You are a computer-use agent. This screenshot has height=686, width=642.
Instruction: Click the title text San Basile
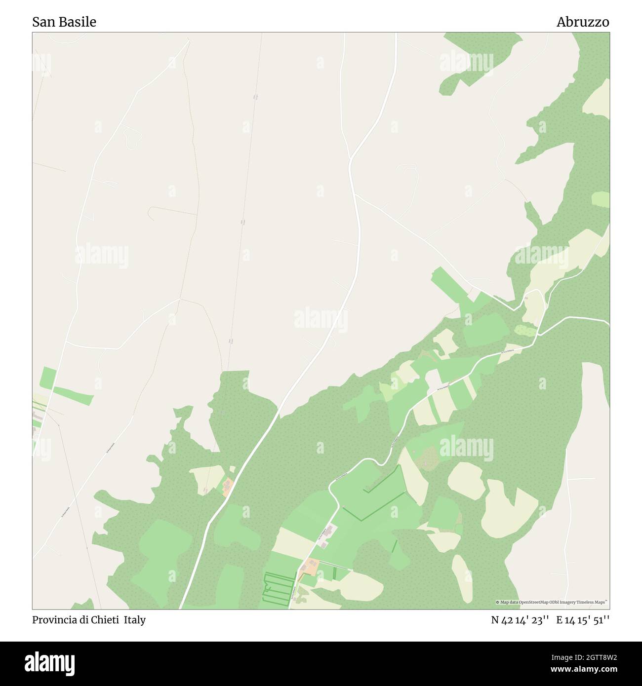point(64,22)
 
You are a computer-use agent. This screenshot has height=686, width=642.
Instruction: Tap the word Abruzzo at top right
point(583,22)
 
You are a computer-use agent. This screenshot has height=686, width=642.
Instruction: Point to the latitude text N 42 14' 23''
point(520,620)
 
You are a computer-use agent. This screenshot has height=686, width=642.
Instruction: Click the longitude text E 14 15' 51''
point(583,620)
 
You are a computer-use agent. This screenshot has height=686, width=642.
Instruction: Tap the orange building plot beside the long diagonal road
point(228,487)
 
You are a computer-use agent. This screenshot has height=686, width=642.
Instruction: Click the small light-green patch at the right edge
point(601,199)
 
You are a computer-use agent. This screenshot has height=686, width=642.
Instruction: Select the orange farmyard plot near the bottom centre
point(311,567)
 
